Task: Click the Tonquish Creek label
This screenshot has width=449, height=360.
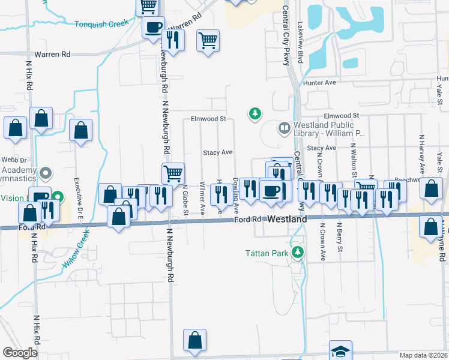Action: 102,24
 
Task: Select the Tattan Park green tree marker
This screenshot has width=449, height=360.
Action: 297,253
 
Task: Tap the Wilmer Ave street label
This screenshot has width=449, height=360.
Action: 202,198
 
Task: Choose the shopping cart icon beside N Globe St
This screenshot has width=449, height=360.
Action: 173,173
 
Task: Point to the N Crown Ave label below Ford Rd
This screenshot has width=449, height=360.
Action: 322,242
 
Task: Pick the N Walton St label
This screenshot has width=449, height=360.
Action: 354,157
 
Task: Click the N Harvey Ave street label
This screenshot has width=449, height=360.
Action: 421,157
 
